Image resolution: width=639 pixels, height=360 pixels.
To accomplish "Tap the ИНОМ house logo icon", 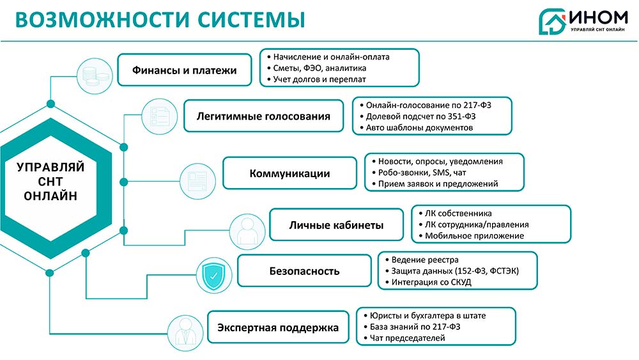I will tap(551, 20).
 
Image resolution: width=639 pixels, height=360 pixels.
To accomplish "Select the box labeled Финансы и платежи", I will tap(184, 70).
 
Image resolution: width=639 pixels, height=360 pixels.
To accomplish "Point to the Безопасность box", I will tap(304, 270).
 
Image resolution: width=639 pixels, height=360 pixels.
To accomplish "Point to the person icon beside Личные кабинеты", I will tap(247, 231).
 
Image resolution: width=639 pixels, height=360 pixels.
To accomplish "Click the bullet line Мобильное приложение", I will tap(473, 236).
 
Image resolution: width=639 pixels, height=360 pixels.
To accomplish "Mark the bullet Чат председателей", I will tap(406, 338).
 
